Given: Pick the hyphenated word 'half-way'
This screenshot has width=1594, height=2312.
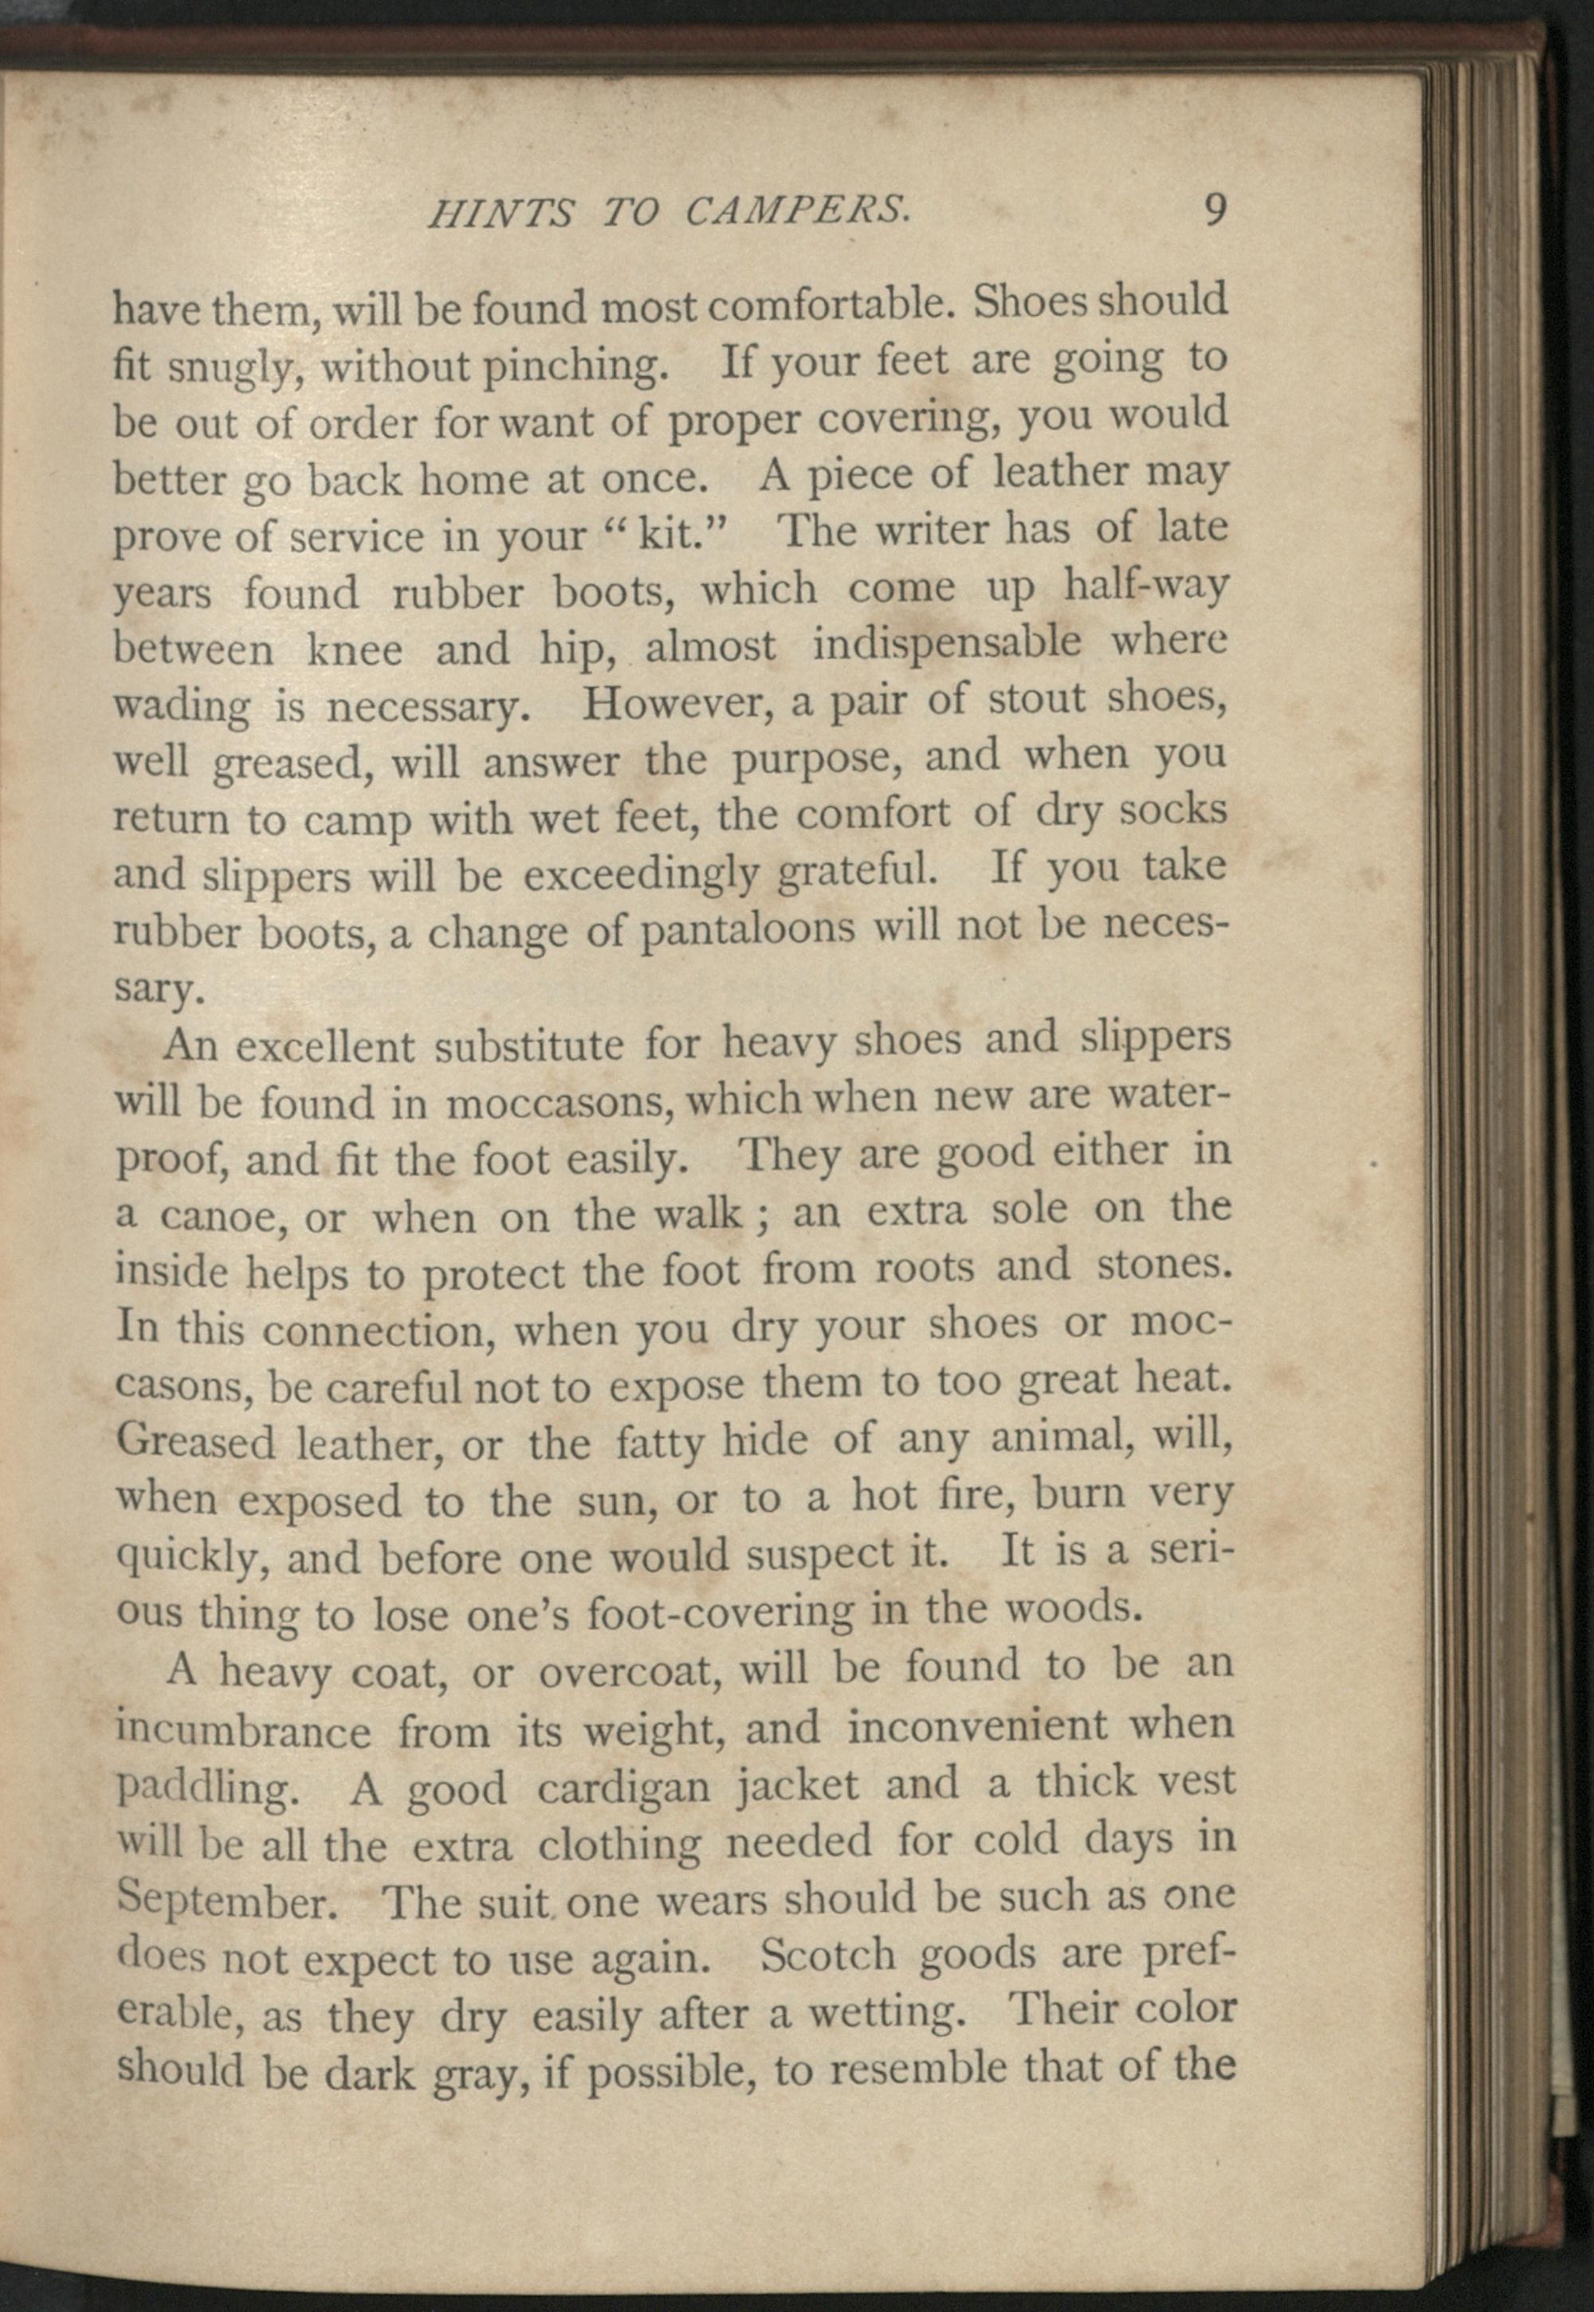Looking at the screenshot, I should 1144,585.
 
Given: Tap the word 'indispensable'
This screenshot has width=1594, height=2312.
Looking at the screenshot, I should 946,643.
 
